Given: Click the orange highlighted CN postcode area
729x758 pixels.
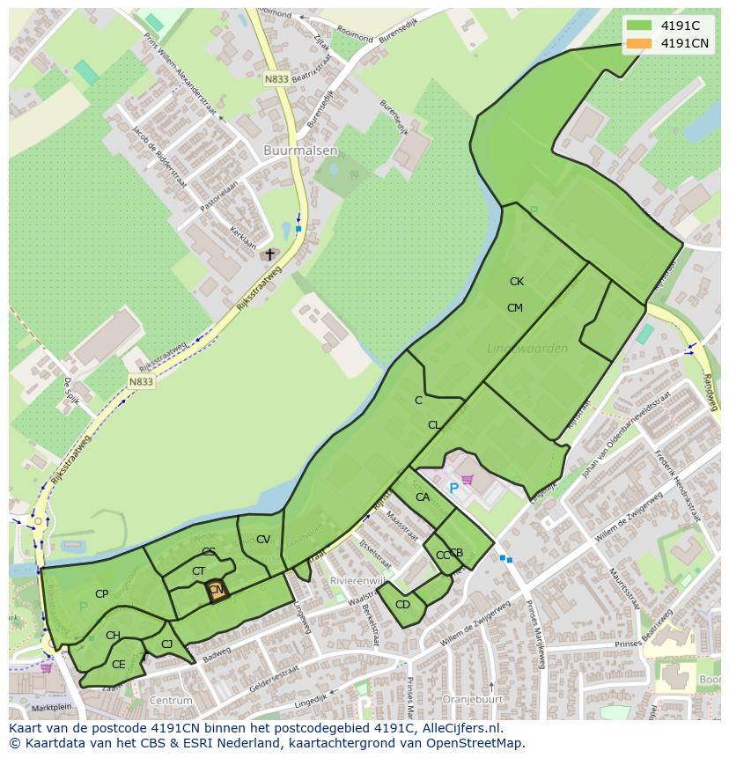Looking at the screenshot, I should [217, 591].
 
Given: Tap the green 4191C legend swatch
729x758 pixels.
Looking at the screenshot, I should [639, 26].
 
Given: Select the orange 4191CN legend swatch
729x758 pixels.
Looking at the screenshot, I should [639, 43].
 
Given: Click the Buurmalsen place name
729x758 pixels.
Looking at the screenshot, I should [300, 151].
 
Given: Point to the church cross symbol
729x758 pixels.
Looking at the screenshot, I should [270, 254].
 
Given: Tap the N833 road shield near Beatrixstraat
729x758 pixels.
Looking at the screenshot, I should [276, 79].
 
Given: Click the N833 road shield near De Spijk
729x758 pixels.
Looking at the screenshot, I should [141, 381].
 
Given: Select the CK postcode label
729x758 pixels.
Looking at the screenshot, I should [517, 282].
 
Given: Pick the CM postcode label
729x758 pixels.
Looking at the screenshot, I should [515, 308].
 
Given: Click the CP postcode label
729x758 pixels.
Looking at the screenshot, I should [102, 594].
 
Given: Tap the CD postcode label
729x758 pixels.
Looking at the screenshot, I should [402, 605].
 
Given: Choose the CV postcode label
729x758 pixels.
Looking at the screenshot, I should [262, 540].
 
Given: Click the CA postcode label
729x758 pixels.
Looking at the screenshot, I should [423, 497].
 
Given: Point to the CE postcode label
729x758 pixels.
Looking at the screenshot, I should [118, 665].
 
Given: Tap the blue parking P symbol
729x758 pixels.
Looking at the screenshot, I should [454, 488].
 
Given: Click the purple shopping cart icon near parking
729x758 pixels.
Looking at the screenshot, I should [468, 480].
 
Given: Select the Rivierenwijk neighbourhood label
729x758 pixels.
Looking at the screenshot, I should [357, 581].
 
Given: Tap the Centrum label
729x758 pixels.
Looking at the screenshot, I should [171, 701].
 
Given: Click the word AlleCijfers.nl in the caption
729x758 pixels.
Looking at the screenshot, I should [458, 729].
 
